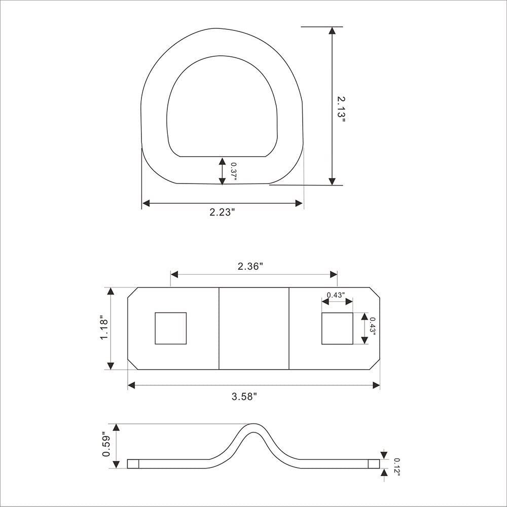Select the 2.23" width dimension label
click(222, 212)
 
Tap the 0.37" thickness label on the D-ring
click(233, 171)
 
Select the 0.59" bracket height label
click(105, 445)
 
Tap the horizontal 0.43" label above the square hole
click(336, 295)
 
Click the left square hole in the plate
click(170, 328)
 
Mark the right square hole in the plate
click(337, 329)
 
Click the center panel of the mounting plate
click(253, 329)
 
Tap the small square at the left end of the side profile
click(132, 463)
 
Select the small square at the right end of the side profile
click(374, 463)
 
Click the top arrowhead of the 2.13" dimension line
click(332, 30)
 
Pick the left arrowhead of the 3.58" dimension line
click(131, 385)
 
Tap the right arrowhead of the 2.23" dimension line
click(299, 203)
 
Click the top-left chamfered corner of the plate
click(132, 293)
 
